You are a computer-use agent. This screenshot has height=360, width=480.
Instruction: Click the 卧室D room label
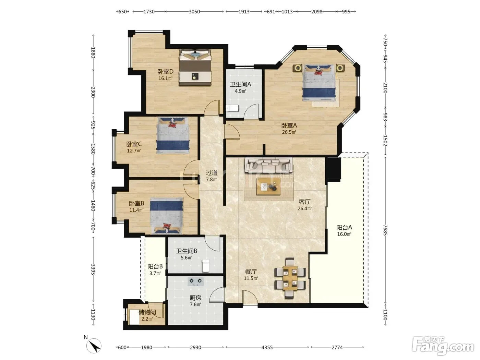pos(165,71)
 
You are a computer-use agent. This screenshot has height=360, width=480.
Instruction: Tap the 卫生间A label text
pos(240,84)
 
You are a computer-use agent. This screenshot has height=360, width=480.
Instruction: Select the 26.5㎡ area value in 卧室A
pos(289,132)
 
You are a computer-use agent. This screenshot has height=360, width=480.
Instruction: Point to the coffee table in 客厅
pos(268,186)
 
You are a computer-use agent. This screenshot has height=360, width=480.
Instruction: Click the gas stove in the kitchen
pos(195,281)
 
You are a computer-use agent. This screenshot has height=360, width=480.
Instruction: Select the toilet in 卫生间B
pos(205,266)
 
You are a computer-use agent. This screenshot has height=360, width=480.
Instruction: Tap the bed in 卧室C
pos(173,135)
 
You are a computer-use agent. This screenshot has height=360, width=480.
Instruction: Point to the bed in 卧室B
pos(166,215)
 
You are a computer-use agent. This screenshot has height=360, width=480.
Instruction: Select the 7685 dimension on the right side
pos(385,230)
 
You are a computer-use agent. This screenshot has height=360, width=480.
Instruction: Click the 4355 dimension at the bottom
pos(267,347)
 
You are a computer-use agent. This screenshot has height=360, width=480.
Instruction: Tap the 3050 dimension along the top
pos(194,12)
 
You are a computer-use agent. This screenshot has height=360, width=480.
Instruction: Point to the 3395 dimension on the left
pos(93,269)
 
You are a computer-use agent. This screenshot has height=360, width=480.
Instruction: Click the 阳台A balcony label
pos(344,228)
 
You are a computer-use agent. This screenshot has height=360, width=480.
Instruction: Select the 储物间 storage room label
pos(147,312)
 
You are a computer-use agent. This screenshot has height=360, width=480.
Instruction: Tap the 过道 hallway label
pos(212,173)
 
